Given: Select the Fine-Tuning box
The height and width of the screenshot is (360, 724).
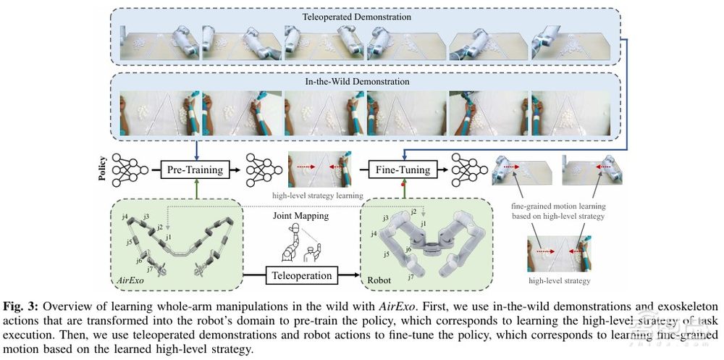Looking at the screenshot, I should pyautogui.click(x=403, y=170).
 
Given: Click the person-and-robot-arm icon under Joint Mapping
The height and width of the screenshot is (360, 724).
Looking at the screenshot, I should pyautogui.click(x=300, y=243).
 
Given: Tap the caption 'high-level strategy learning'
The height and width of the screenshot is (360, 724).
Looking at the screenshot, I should pyautogui.click(x=319, y=195).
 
